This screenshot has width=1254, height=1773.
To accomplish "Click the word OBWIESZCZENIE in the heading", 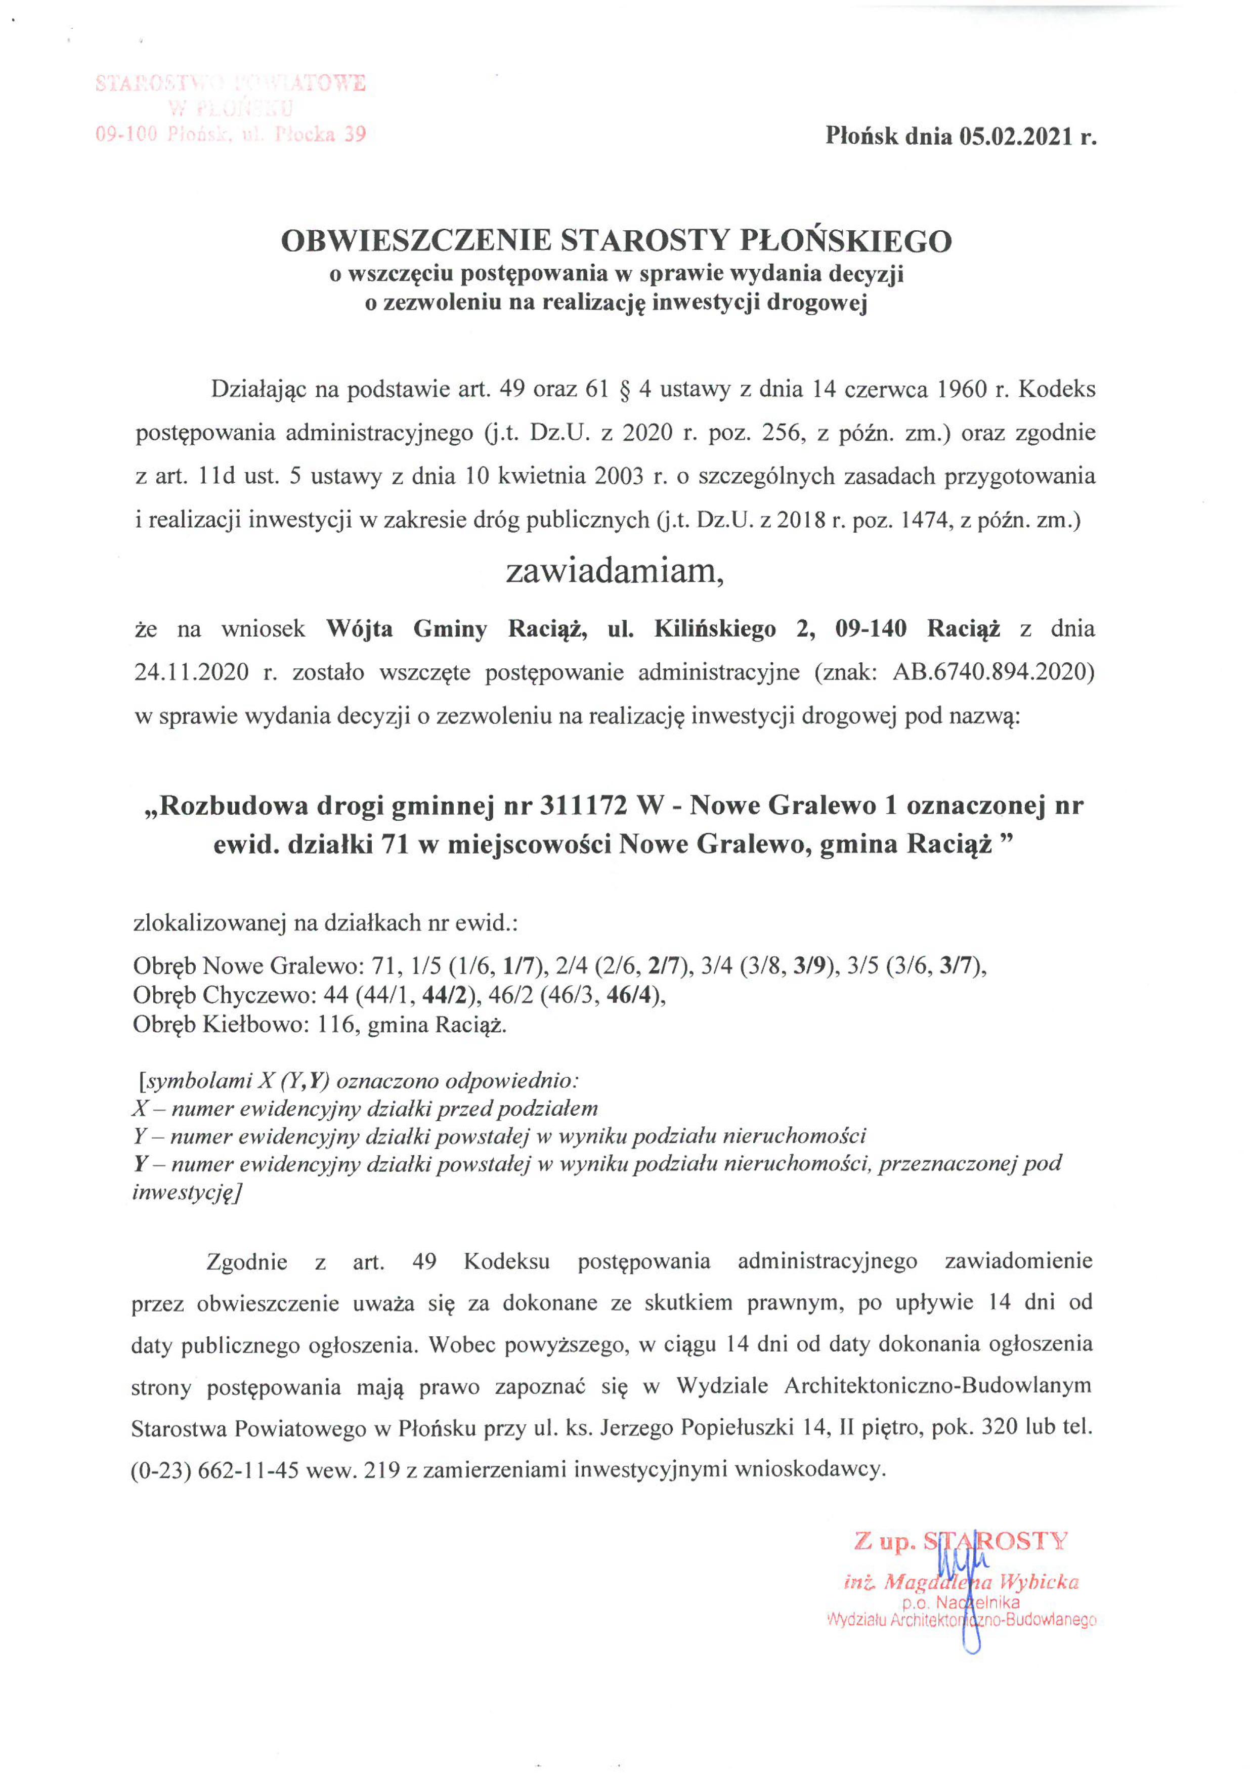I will pyautogui.click(x=415, y=242).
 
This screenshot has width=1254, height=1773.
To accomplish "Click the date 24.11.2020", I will pyautogui.click(x=192, y=672).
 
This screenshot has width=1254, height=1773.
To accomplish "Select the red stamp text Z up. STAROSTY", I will pyautogui.click(x=961, y=1542).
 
